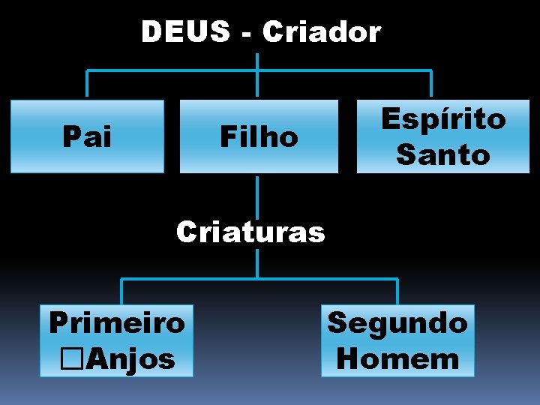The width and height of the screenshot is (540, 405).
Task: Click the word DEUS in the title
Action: (185, 32)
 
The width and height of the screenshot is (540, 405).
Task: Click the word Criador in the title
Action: (322, 32)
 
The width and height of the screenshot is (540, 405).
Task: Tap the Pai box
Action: (87, 136)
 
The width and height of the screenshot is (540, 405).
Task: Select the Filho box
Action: (258, 136)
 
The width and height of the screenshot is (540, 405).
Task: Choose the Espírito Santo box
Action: (442, 136)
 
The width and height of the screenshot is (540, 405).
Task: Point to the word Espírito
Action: (443, 119)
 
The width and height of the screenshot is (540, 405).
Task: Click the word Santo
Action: (442, 155)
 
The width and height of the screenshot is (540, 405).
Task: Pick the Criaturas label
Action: (250, 232)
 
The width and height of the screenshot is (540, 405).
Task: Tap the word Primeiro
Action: (116, 322)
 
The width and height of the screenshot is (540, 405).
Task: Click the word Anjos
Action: (130, 358)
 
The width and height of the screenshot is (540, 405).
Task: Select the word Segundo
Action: (397, 322)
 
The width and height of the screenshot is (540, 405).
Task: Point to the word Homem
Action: (397, 358)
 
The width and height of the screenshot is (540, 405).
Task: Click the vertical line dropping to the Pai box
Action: (87, 85)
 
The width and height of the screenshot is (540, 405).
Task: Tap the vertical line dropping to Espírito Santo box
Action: (430, 85)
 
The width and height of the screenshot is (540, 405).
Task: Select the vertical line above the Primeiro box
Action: (122, 291)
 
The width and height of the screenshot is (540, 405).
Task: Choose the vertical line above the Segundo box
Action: (397, 291)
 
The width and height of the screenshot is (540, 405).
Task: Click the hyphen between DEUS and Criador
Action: (247, 34)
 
